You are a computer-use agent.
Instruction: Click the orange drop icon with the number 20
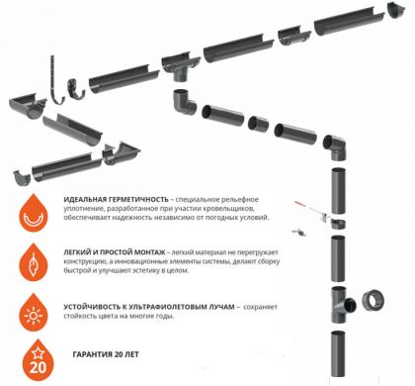38,361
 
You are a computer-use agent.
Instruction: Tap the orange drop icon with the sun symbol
34,313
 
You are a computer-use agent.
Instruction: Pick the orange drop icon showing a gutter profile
34,214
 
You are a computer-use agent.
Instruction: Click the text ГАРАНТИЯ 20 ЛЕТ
106,355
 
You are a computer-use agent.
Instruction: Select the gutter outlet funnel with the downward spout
181,68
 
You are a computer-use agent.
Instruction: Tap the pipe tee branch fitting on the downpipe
342,305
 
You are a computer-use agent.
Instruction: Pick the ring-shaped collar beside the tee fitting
373,301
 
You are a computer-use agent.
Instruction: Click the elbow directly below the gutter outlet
184,102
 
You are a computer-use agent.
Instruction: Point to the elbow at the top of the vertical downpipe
335,146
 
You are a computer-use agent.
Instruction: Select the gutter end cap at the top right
396,10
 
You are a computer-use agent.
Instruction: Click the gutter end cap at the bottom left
22,177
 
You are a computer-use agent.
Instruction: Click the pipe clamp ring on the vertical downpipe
338,224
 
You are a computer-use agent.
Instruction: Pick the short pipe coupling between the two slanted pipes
258,124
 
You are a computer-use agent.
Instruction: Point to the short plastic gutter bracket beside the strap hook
75,89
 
